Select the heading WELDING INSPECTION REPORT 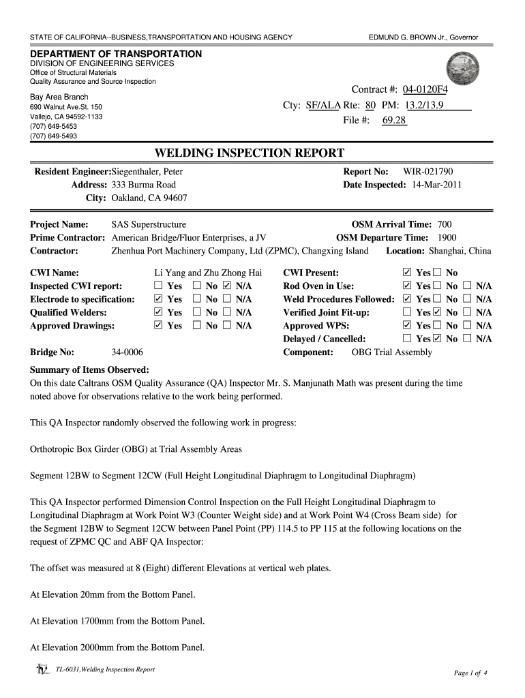[x=250, y=153]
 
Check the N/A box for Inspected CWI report [x=227, y=286]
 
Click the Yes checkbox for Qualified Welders [x=159, y=312]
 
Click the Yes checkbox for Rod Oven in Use [x=408, y=286]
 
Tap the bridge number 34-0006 [x=127, y=352]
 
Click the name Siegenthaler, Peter [x=147, y=172]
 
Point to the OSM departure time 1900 [x=447, y=237]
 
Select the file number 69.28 [x=394, y=121]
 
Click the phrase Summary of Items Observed [x=89, y=370]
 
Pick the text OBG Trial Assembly [x=391, y=352]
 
